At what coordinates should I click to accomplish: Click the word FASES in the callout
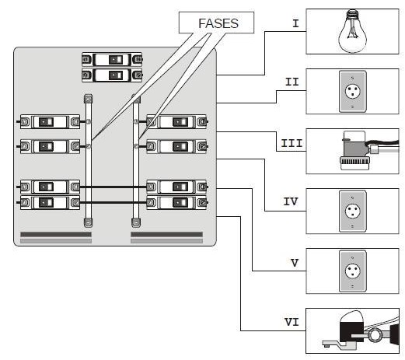tap(218, 23)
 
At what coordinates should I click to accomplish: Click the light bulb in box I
tap(352, 31)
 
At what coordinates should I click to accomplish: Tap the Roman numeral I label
tap(295, 23)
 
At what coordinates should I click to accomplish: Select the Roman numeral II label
tap(292, 82)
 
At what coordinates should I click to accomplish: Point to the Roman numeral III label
tap(292, 143)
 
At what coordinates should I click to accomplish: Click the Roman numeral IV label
tap(291, 201)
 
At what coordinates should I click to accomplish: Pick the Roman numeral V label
tap(295, 263)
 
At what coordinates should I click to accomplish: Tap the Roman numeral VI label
tap(292, 322)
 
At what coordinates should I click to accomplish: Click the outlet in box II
tap(352, 91)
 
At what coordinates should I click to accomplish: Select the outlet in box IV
tap(352, 211)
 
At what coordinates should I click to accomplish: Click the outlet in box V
tap(352, 271)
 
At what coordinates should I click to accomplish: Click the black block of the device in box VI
tap(351, 331)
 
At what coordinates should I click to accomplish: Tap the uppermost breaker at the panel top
tap(112, 60)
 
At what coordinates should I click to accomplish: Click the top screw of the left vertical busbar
tap(89, 99)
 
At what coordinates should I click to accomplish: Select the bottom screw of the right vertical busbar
tap(136, 222)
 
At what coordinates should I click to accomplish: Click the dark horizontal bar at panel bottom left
tap(56, 234)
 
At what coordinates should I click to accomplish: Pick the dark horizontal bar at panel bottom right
tap(166, 234)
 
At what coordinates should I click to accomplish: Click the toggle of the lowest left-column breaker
tap(47, 203)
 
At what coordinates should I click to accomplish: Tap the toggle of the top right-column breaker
tap(180, 122)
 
